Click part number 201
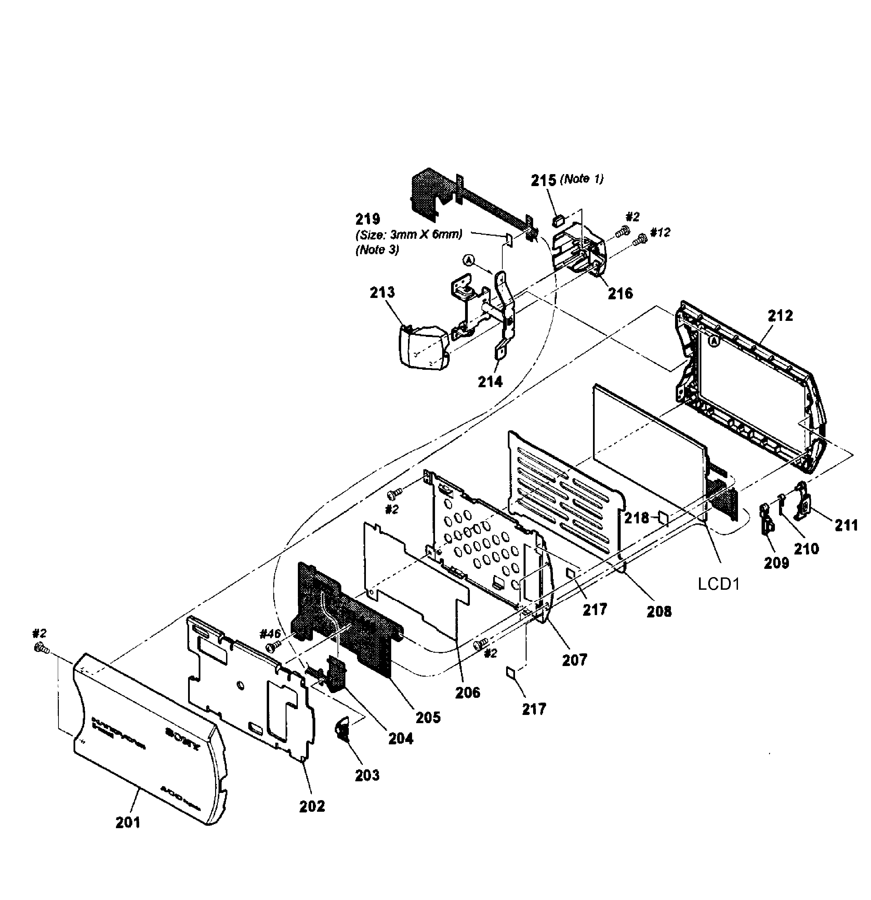128,822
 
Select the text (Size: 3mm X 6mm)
409,235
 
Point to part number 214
490,381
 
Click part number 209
776,562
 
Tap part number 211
846,524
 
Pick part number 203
367,775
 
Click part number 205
428,717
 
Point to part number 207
575,660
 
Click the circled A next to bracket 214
468,260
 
